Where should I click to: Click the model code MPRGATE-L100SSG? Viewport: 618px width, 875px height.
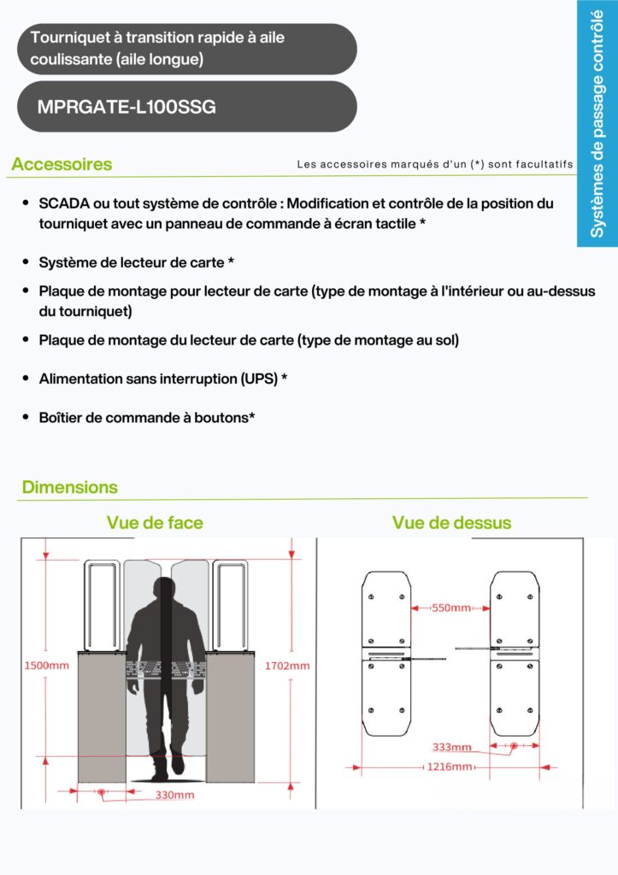coord(127,108)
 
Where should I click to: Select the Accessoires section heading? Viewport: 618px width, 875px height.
coord(62,164)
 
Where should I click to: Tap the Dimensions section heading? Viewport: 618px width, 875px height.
coord(70,487)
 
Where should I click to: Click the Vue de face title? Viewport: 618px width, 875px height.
coord(155,522)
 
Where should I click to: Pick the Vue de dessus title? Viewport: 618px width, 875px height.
coord(451,522)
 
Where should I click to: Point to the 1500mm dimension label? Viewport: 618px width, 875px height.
coord(46,665)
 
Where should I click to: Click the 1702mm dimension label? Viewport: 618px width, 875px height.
coord(286,665)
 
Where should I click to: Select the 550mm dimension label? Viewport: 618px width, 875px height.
coord(450,608)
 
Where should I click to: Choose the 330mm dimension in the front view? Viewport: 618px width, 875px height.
coord(174,795)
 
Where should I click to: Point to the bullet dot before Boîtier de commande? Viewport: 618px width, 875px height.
coord(27,417)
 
